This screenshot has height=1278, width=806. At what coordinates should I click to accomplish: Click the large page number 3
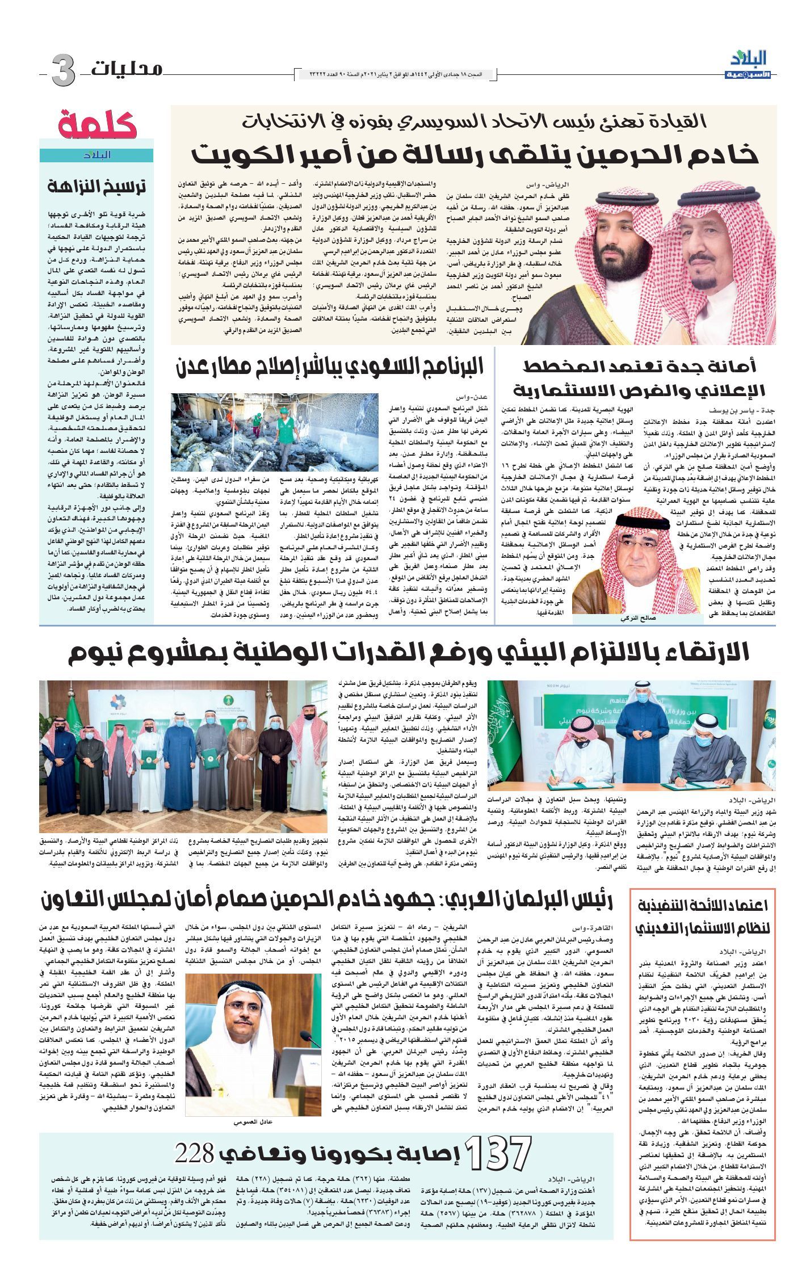pos(62,70)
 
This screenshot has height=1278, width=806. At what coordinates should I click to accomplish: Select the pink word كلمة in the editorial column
pos(97,124)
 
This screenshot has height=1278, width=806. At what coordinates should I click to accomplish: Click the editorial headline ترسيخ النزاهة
pos(96,186)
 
